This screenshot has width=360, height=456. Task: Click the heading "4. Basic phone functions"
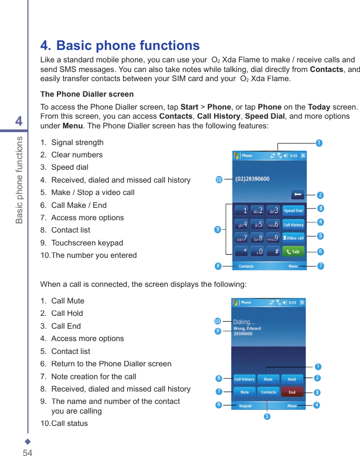click(120, 46)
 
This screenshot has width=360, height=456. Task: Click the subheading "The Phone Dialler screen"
click(87, 94)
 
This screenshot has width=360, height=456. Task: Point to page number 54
click(27, 453)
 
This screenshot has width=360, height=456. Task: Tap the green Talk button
click(293, 251)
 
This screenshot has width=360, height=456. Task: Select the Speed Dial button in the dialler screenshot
click(293, 211)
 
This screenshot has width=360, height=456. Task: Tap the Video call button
click(293, 238)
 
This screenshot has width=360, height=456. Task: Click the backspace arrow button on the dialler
click(298, 194)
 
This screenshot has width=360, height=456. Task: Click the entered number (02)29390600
click(253, 179)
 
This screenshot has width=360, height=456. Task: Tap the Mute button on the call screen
click(268, 379)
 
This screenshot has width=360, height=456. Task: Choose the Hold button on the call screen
click(292, 379)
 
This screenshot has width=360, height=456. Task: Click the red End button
click(292, 392)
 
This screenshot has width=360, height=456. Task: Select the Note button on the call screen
click(244, 392)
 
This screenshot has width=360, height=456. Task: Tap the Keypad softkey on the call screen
click(245, 406)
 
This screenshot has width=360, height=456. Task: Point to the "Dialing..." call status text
click(244, 322)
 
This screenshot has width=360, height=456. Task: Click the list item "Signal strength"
click(77, 142)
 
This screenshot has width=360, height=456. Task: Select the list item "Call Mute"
click(68, 301)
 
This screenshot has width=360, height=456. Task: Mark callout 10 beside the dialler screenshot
click(219, 179)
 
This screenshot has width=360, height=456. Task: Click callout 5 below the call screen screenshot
click(267, 417)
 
